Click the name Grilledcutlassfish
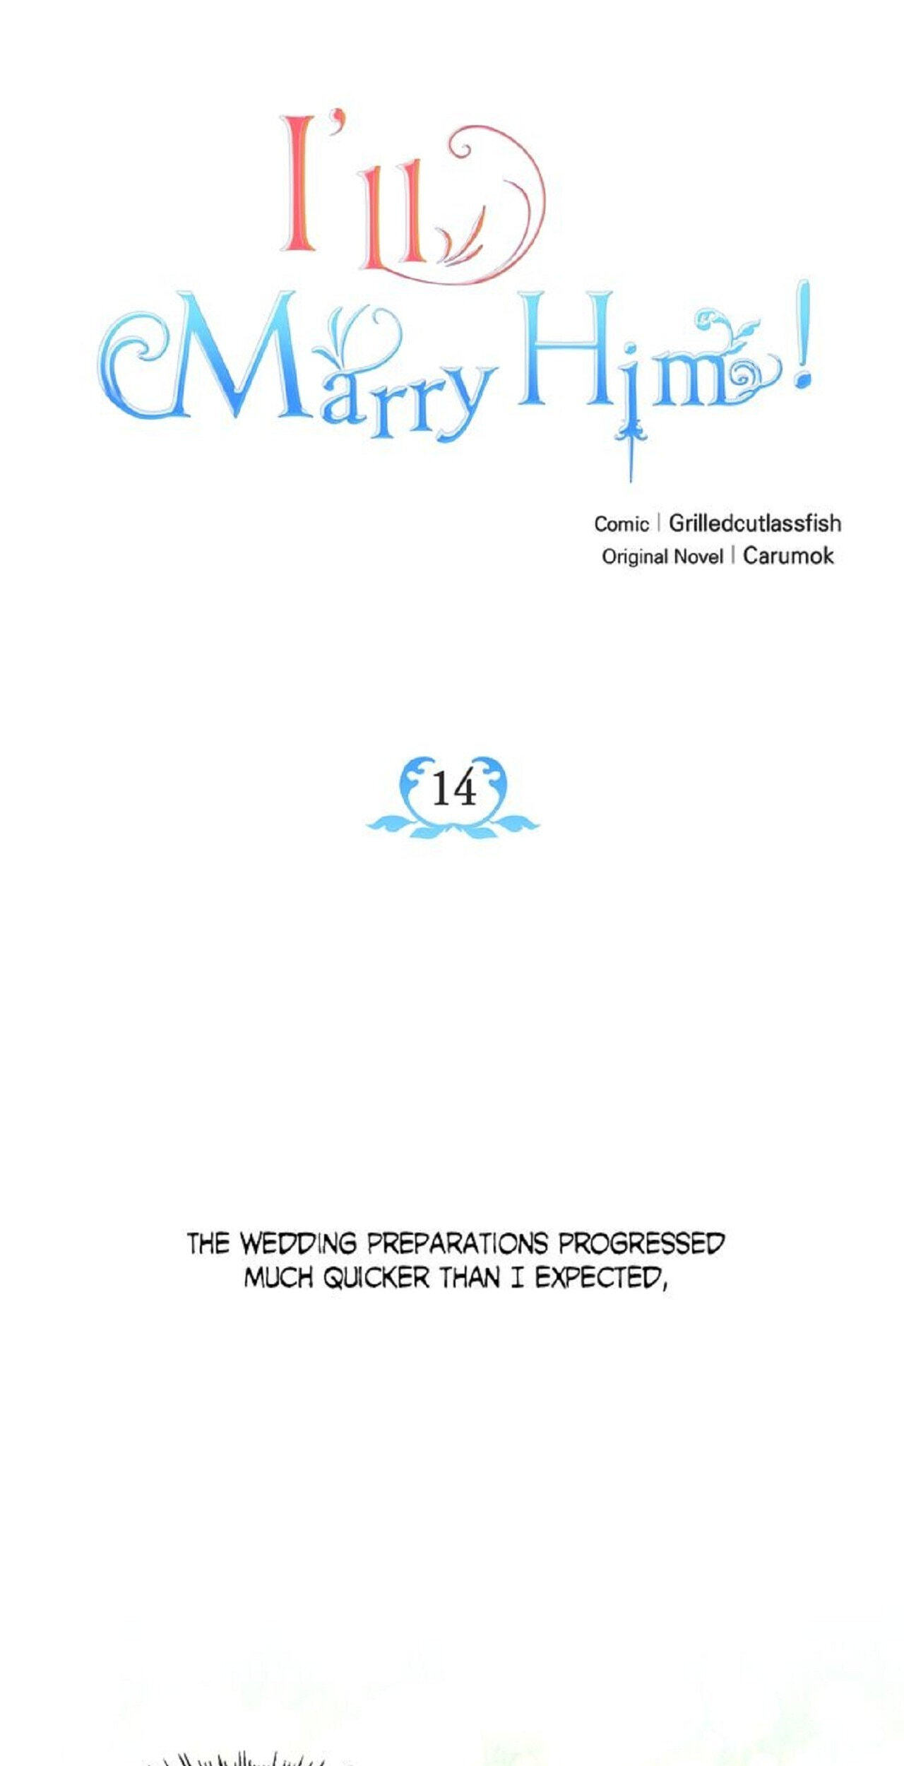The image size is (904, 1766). click(755, 523)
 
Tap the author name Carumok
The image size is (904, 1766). click(788, 556)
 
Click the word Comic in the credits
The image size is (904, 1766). click(621, 524)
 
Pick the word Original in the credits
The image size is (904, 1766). click(634, 557)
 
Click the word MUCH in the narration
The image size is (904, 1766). click(278, 1277)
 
